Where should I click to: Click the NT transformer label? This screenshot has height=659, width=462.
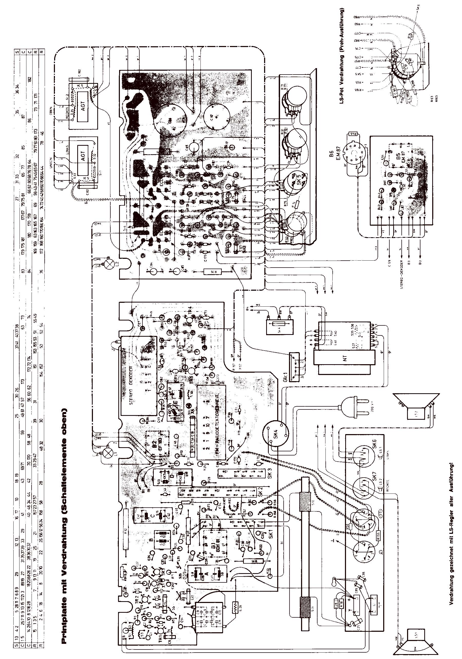345,358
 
